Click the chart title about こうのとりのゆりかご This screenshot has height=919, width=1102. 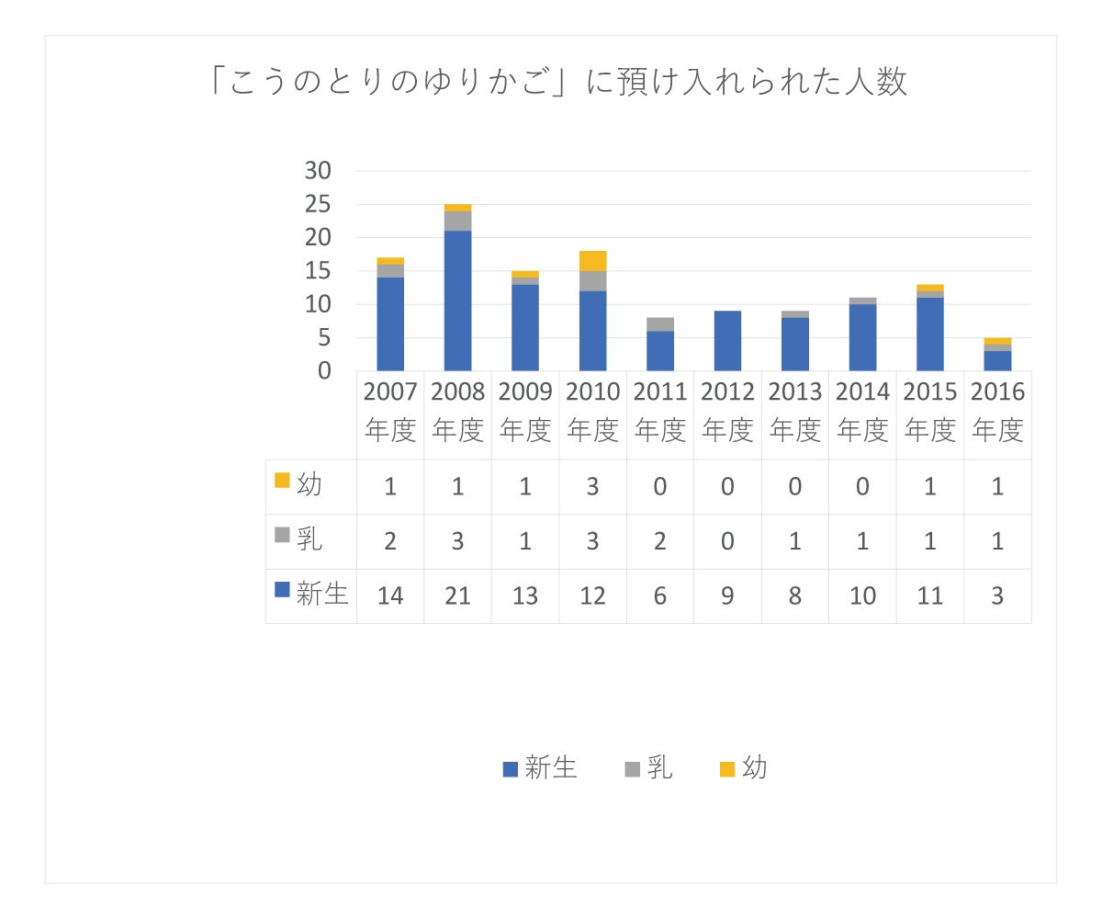tap(558, 83)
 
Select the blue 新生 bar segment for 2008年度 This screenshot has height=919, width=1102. tap(457, 301)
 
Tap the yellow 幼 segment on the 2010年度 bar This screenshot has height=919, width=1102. tap(592, 261)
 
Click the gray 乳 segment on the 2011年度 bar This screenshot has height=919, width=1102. tap(660, 324)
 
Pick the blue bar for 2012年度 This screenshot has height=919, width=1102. tap(727, 341)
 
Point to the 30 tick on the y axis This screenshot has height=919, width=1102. tap(317, 171)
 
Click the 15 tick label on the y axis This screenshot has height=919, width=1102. tap(317, 271)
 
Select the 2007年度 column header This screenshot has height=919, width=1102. tap(390, 412)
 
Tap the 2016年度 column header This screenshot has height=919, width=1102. tap(997, 412)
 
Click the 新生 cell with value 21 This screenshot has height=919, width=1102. tap(457, 596)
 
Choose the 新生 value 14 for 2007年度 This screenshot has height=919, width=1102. tap(390, 596)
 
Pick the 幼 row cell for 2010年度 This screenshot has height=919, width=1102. tap(592, 486)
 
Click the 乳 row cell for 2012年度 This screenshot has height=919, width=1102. tap(727, 541)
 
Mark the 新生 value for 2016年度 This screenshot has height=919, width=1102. tap(997, 596)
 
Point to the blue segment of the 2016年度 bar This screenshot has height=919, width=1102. tap(997, 360)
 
